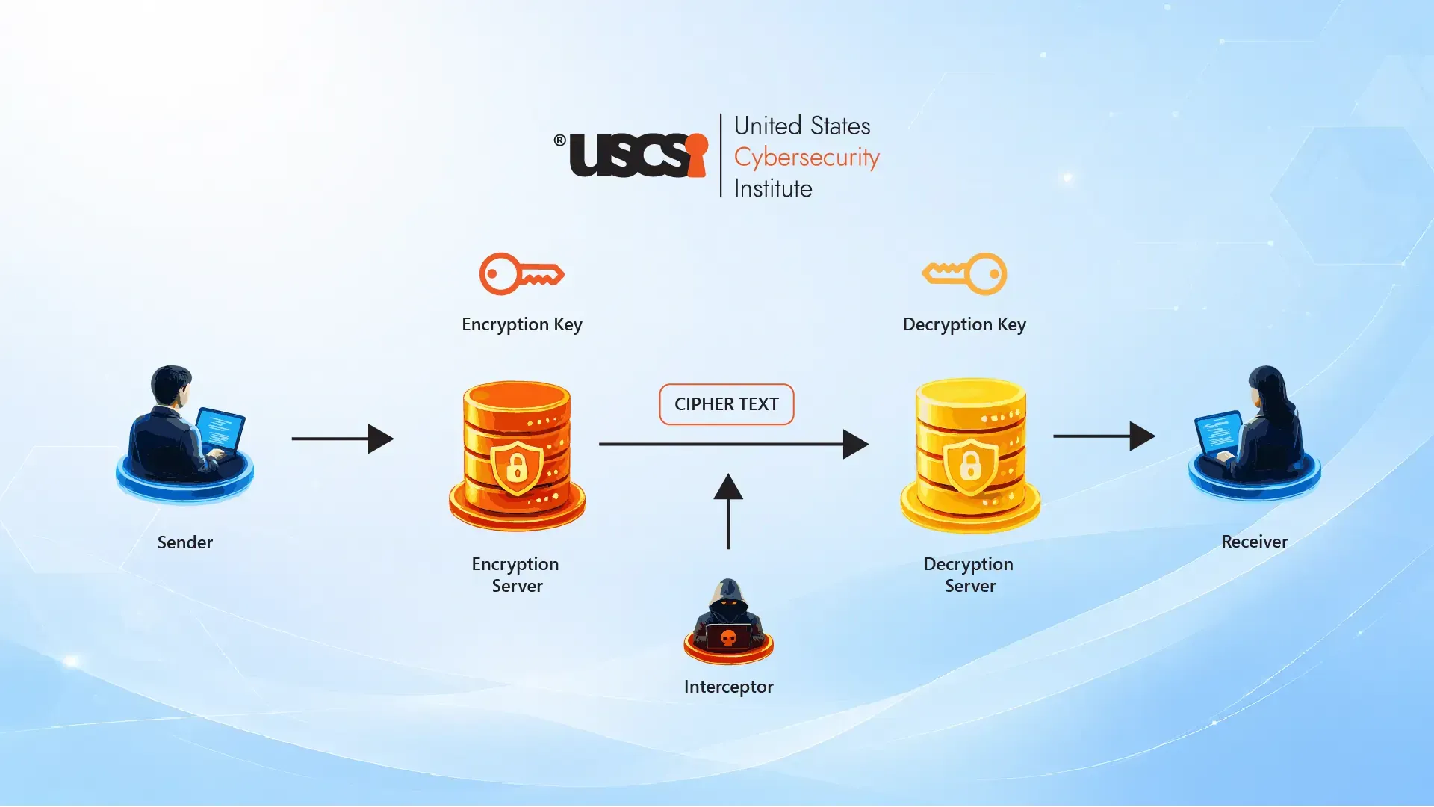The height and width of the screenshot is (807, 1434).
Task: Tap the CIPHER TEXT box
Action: (x=727, y=404)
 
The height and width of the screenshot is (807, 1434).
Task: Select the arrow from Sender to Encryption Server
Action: (x=343, y=439)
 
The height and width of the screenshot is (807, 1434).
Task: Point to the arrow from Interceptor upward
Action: (x=728, y=512)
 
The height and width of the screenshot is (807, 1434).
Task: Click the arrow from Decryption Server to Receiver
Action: (x=1105, y=436)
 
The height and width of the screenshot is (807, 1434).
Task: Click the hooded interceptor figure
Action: (x=728, y=620)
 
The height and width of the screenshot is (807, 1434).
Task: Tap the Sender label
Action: (x=185, y=542)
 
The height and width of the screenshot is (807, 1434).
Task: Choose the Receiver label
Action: (x=1255, y=542)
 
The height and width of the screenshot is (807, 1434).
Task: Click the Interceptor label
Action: (x=729, y=687)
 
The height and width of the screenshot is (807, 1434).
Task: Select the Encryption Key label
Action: (x=522, y=324)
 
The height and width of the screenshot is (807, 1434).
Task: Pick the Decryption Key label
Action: (x=964, y=324)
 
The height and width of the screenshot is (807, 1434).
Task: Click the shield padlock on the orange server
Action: (x=517, y=467)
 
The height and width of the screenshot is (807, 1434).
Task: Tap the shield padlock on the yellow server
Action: (x=970, y=466)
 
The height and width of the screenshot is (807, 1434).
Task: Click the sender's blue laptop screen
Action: (x=220, y=429)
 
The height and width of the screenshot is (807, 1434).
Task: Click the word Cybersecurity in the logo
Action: (x=807, y=158)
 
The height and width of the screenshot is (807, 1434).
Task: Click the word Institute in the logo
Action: (x=773, y=188)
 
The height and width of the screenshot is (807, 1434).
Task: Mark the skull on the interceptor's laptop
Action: (x=728, y=637)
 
